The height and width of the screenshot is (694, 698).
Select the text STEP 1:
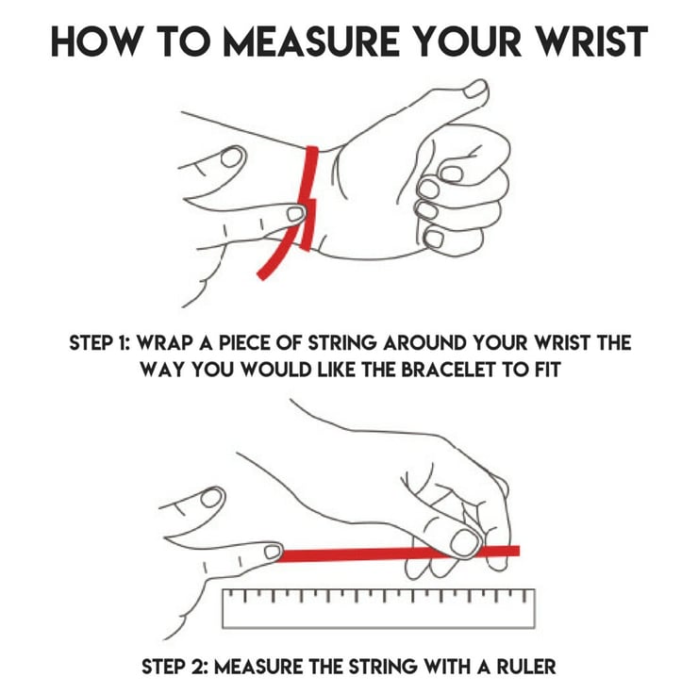point(99,343)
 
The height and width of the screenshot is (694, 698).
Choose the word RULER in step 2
point(526,667)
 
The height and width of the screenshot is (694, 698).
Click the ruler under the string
point(378,608)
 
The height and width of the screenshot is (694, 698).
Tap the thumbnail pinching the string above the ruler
point(465,543)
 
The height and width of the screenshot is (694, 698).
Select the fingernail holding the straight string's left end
point(273,552)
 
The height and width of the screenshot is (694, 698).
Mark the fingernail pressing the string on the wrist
point(295,214)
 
